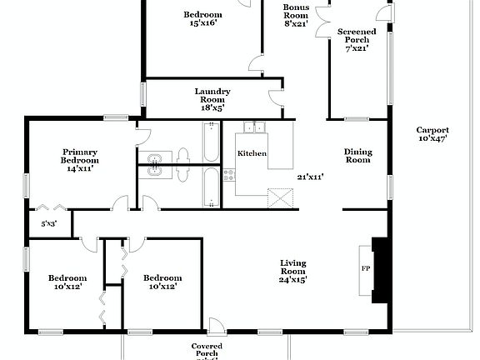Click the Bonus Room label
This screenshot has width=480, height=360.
(x=296, y=15)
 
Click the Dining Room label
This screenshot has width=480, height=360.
(x=357, y=156)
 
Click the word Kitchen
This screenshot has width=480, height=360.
(x=252, y=154)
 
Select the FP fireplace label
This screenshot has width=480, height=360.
(x=364, y=269)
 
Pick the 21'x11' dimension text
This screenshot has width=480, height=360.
(x=310, y=177)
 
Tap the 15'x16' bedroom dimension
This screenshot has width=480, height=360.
(x=202, y=23)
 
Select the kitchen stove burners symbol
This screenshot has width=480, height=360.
(x=228, y=176)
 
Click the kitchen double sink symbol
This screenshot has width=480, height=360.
(x=252, y=127)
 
